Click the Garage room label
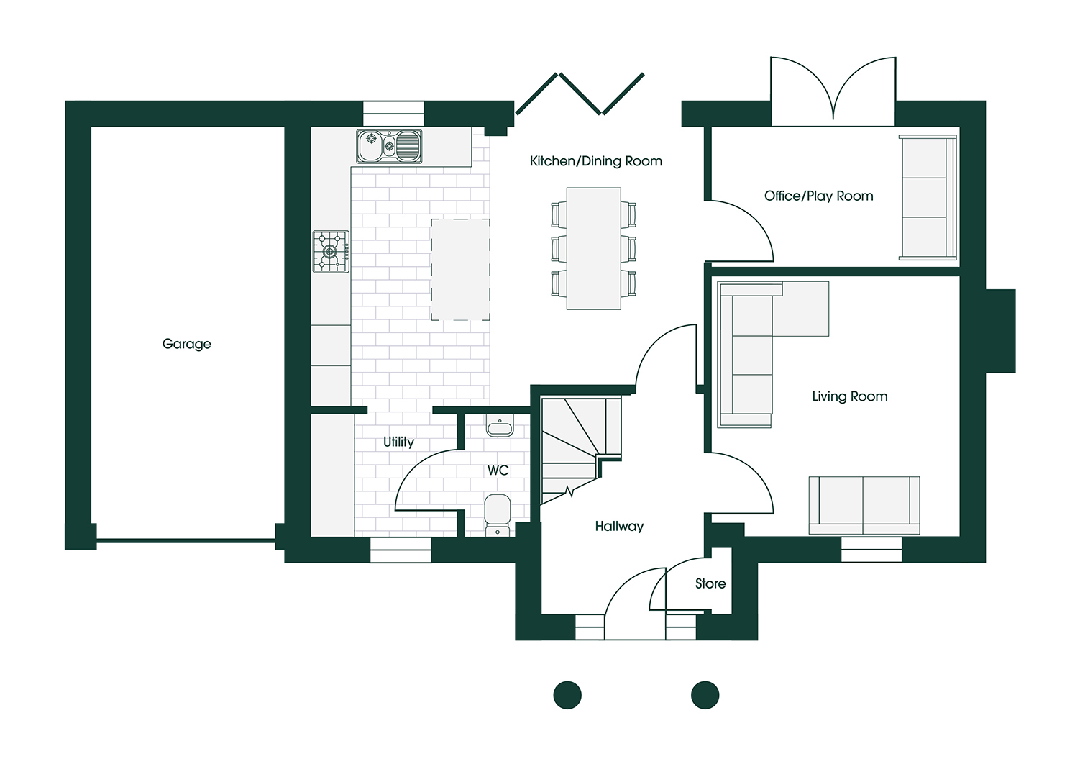[187, 344]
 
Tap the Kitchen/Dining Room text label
[595, 161]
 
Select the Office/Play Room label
[818, 196]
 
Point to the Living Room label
[849, 396]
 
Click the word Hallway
[619, 526]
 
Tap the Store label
[710, 583]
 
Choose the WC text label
[498, 471]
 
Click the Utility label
[398, 442]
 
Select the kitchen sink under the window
[389, 147]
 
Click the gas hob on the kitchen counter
[331, 252]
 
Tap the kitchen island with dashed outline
[460, 270]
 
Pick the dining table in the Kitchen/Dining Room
[593, 249]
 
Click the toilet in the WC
[498, 514]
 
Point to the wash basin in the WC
[500, 428]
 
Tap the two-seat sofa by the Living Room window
[864, 505]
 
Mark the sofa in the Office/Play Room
[928, 198]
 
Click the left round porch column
[567, 695]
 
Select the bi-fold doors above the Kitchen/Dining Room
[580, 94]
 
